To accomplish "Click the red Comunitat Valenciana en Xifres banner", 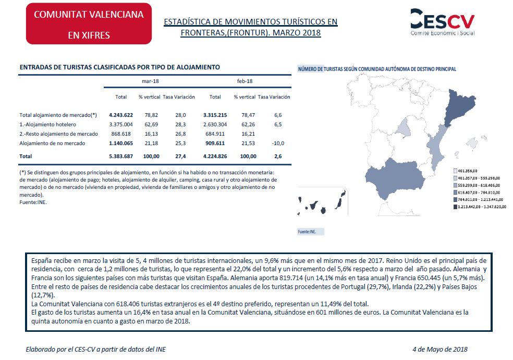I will (x=89, y=24).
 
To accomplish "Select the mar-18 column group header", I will (x=150, y=81).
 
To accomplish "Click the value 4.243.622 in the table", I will (x=121, y=115).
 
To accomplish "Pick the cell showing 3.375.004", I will (x=121, y=124).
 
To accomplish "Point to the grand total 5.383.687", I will (x=121, y=156).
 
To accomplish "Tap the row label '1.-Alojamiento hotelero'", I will (x=47, y=124).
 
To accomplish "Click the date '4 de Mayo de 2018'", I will (x=439, y=349).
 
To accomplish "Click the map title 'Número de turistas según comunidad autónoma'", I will (x=376, y=69).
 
